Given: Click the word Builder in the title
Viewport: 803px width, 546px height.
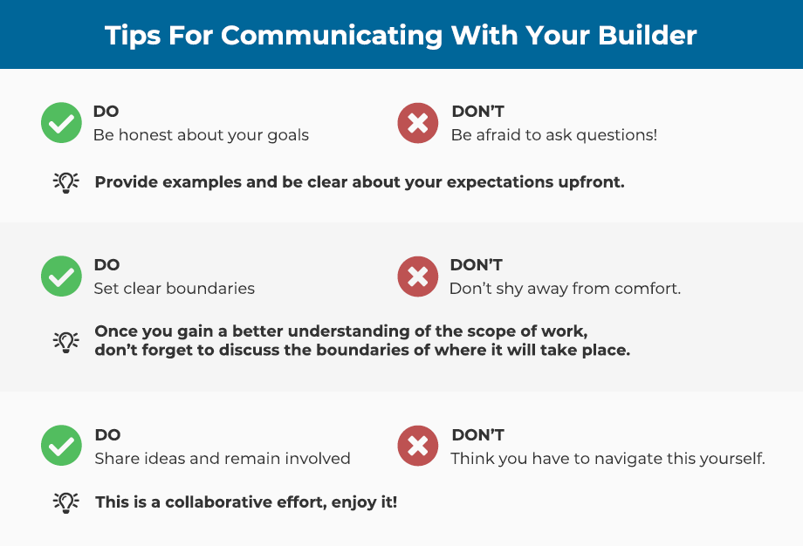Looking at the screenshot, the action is click(648, 35).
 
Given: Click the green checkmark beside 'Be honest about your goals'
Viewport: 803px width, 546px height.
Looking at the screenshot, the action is click(61, 123).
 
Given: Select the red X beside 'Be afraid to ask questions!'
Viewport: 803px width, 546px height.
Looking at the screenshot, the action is click(418, 123).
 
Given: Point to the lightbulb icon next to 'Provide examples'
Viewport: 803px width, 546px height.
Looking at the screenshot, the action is click(66, 182).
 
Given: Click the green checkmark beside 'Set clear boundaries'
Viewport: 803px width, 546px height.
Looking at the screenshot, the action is click(61, 276).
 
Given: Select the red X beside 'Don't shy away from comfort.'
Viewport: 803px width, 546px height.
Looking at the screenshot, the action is click(418, 276).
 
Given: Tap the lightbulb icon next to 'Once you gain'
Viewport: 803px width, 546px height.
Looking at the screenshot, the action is click(66, 342).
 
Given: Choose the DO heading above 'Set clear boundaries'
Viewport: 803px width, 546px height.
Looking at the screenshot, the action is click(107, 265).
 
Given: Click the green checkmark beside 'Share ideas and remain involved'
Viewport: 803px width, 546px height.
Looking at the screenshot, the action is click(61, 445).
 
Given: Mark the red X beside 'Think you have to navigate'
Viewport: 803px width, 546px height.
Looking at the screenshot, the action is click(418, 445).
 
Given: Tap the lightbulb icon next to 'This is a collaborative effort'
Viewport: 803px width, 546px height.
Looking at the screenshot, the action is click(66, 502).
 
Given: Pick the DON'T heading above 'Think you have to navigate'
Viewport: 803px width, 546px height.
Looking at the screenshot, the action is click(477, 435).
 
